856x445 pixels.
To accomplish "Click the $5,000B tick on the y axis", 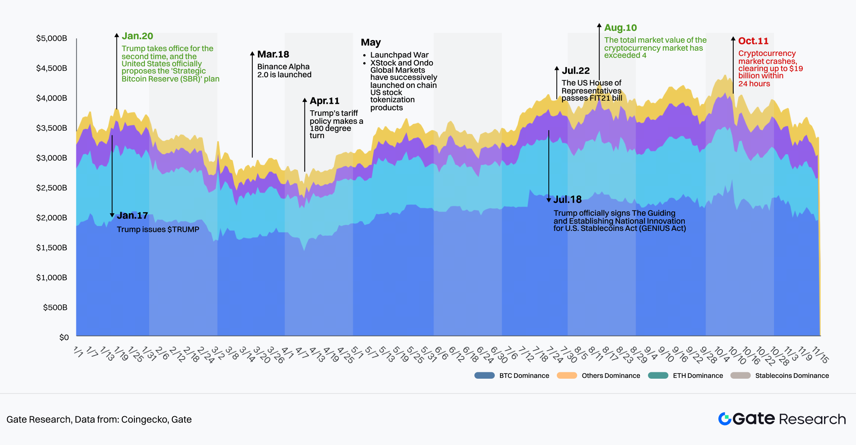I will point(52,38).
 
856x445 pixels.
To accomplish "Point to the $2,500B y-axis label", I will point(52,188).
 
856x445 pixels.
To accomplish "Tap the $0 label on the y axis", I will point(64,337).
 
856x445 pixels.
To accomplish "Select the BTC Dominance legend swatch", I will point(484,375).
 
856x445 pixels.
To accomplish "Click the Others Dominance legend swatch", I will point(567,375).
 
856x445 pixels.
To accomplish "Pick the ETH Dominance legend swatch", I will point(658,375).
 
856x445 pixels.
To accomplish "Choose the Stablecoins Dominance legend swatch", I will point(740,375).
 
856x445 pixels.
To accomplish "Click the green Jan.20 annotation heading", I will point(137,36).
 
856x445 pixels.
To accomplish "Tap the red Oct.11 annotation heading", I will point(753,41).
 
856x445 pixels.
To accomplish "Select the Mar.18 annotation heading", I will point(273,54).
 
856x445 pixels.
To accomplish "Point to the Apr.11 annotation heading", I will point(324,101).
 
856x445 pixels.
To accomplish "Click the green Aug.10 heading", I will point(620,28).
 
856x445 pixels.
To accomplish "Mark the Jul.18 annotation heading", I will point(567,200).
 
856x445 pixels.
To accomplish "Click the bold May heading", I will point(371,42).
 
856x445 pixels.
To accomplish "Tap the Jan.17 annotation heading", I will point(132,216).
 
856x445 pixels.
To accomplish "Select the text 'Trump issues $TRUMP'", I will point(158,229).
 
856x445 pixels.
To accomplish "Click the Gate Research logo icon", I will point(725,419).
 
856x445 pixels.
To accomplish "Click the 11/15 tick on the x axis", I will point(820,354).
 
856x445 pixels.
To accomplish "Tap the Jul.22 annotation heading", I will point(576,71).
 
